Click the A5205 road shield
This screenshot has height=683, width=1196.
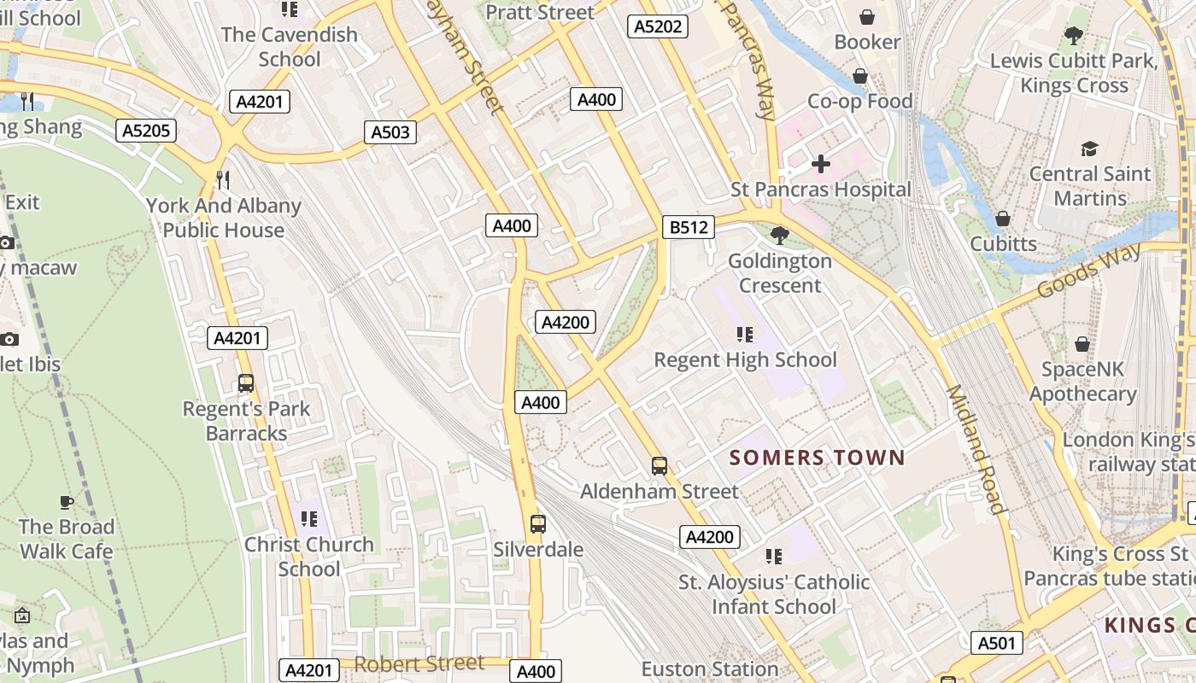146,131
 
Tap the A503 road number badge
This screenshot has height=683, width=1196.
390,131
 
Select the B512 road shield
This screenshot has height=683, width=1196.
688,227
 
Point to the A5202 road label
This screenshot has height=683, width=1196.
658,26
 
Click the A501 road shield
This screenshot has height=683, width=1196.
996,643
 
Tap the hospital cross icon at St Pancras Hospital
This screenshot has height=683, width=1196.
821,163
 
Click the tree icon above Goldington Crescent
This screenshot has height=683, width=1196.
779,234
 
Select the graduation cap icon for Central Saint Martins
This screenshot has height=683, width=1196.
1089,149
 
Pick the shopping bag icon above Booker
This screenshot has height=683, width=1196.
867,16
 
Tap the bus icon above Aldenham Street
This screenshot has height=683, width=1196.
660,465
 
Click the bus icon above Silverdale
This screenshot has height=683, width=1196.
537,523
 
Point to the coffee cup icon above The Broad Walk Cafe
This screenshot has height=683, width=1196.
67,501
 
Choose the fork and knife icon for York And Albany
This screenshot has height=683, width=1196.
223,179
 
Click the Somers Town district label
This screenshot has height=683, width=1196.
817,458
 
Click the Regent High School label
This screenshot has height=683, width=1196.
745,359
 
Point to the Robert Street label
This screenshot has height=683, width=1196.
419,663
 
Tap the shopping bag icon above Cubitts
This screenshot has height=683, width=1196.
1003,219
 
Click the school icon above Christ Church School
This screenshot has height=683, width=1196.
308,518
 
